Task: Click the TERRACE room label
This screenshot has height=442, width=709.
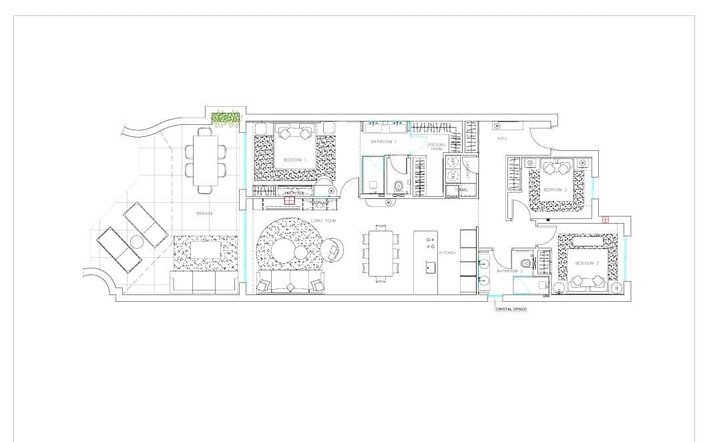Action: pos(204,214)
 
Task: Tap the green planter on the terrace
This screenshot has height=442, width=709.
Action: pos(226,118)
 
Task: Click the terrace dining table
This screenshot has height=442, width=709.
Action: pos(205,160)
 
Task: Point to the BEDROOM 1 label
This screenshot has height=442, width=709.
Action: pos(294,160)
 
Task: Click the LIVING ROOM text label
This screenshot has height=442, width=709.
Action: pos(323,220)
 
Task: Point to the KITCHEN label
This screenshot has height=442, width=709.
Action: pos(447,253)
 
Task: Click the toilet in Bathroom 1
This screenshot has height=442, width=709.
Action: pos(399,186)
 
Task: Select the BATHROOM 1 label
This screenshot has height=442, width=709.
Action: pos(384,142)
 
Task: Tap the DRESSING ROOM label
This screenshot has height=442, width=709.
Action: pos(436,146)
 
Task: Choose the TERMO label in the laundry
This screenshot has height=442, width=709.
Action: pos(461,190)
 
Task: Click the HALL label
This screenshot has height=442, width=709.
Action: pos(502,138)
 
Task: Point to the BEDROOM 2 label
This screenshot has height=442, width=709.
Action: pos(555,190)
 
